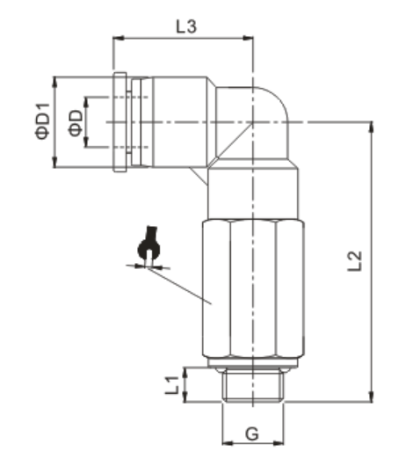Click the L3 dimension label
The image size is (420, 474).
pyautogui.click(x=185, y=27)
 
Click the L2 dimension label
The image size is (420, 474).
pyautogui.click(x=354, y=261)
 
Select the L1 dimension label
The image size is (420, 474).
pyautogui.click(x=173, y=384)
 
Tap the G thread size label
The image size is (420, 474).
pyautogui.click(x=251, y=434)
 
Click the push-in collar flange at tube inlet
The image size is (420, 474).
pyautogui.click(x=120, y=121)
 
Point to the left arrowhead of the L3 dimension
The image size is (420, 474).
pyautogui.click(x=117, y=39)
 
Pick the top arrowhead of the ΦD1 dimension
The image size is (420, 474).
pyautogui.click(x=55, y=81)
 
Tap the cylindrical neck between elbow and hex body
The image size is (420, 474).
pyautogui.click(x=252, y=193)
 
